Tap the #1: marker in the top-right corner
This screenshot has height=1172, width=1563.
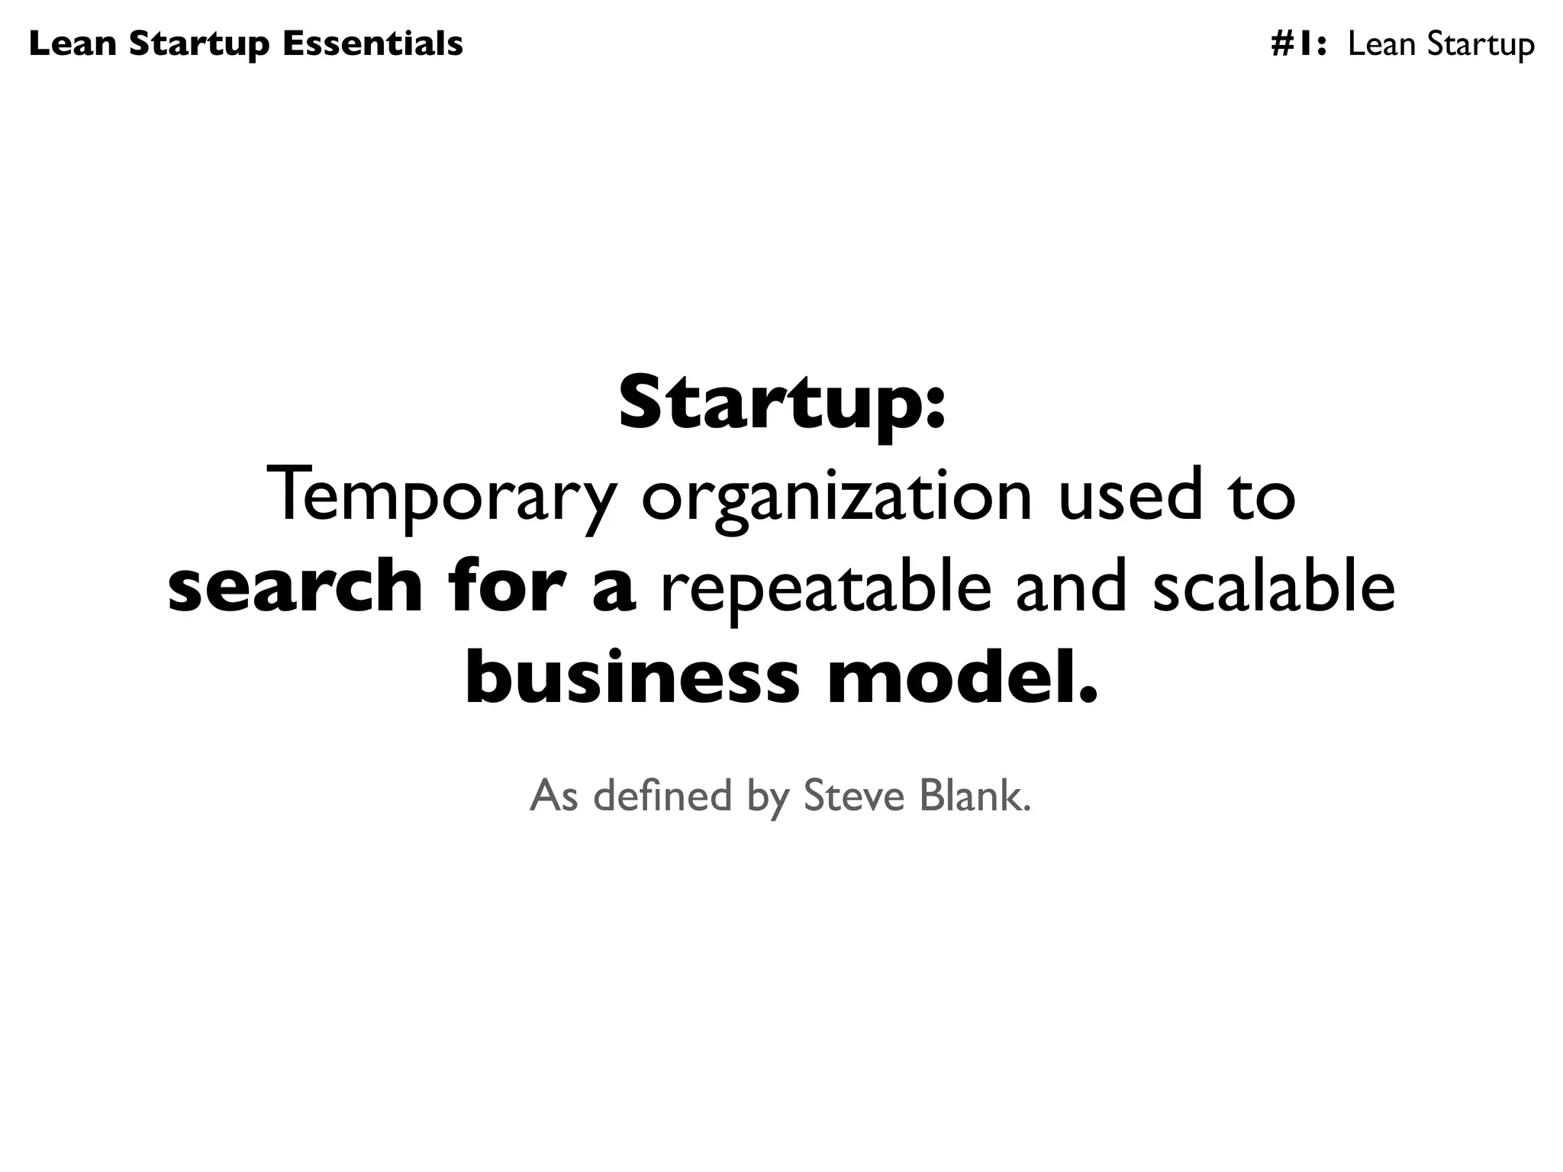(1299, 44)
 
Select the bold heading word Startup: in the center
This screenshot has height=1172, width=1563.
(781, 402)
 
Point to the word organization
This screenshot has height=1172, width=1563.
(836, 495)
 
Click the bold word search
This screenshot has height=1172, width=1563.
(295, 586)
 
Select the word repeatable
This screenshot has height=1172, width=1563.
(826, 586)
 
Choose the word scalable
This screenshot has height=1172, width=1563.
(1273, 586)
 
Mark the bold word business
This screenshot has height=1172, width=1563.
(632, 677)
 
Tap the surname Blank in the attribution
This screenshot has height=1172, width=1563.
(975, 795)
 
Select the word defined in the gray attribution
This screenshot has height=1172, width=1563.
(662, 795)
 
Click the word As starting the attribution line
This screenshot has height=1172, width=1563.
(553, 795)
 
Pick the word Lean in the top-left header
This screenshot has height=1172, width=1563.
(73, 43)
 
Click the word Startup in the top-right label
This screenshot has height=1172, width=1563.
(1480, 44)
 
